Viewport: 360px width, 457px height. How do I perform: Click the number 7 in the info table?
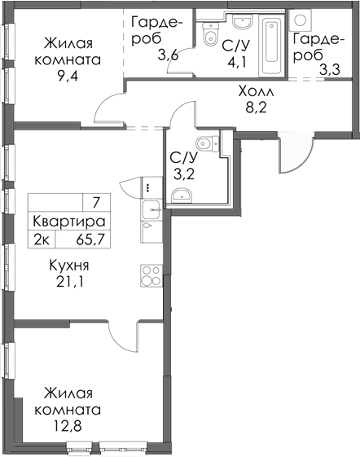[x=96, y=202]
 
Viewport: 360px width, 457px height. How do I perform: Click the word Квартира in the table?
[x=69, y=221]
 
